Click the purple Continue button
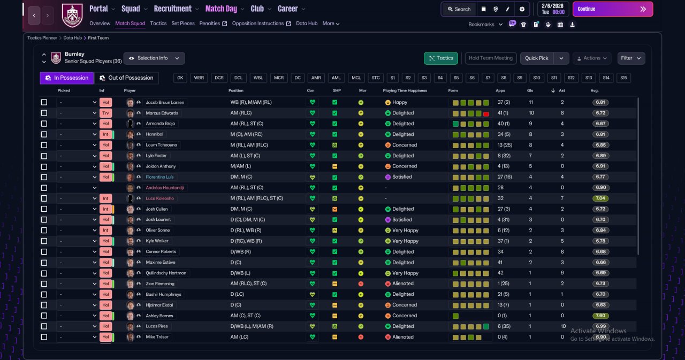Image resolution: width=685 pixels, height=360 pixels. (x=613, y=9)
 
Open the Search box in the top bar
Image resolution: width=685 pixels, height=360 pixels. (x=459, y=9)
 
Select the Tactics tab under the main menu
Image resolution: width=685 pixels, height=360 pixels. (x=158, y=24)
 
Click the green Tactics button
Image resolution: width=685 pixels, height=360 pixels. (x=440, y=58)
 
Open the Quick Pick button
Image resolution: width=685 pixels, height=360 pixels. (x=536, y=58)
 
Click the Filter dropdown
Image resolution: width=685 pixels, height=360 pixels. (x=631, y=58)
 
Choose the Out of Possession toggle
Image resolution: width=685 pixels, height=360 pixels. (x=127, y=78)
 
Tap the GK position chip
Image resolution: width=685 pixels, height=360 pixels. (x=180, y=78)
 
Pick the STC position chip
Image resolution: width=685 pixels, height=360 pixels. (x=376, y=78)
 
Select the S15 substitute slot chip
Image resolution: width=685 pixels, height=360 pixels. (x=623, y=78)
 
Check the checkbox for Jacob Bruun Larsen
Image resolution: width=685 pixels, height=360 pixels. (x=44, y=102)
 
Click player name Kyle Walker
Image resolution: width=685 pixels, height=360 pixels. (x=157, y=241)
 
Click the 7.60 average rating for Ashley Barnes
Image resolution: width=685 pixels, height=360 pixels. (x=600, y=316)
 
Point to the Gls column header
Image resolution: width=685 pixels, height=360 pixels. (x=530, y=90)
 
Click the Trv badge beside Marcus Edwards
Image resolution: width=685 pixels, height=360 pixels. (x=105, y=113)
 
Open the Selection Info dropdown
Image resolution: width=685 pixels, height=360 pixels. (x=154, y=58)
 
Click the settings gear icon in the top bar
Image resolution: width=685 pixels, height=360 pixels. (x=522, y=9)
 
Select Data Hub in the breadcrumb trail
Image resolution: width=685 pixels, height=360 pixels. (x=72, y=38)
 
